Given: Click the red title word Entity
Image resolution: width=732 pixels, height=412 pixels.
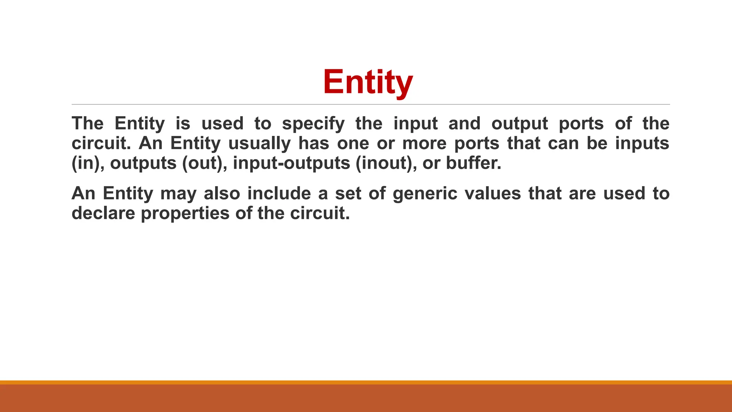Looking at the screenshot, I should [x=368, y=82].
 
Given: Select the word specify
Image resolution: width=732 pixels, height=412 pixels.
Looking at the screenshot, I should [x=313, y=124].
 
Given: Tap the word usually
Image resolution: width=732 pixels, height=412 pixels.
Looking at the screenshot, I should [x=260, y=143].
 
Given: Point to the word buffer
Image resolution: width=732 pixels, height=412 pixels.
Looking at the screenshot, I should [x=473, y=163].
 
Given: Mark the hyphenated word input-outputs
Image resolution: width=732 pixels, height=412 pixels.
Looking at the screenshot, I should [x=291, y=163].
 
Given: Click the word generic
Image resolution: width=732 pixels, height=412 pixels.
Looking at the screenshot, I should [x=425, y=194].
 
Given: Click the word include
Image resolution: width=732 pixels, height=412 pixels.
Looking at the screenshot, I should [x=279, y=193].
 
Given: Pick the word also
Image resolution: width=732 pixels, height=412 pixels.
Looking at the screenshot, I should [x=222, y=193].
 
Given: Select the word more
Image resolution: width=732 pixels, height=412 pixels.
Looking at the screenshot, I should [x=424, y=143].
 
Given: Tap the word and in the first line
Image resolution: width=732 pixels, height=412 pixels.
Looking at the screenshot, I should [x=464, y=124].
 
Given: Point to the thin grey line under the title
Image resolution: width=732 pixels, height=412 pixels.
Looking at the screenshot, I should [x=371, y=104].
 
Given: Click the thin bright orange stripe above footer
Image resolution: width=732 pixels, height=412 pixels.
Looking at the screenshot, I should [x=366, y=382].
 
